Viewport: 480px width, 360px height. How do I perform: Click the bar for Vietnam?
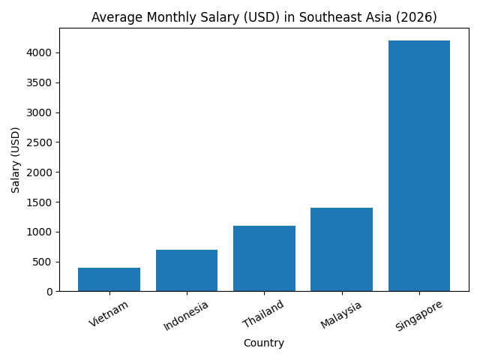[109, 280]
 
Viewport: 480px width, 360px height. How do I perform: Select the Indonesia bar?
[187, 271]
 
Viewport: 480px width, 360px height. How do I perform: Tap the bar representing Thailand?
[264, 259]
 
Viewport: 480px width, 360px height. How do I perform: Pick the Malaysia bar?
[341, 250]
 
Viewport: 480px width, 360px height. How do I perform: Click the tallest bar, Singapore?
[419, 166]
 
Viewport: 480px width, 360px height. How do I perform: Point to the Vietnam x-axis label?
[109, 313]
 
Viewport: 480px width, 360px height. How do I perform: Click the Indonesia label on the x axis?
[186, 316]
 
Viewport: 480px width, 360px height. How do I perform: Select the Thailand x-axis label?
[264, 313]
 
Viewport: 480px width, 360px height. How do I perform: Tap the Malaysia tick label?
[341, 314]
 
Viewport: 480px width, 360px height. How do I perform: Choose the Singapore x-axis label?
[418, 316]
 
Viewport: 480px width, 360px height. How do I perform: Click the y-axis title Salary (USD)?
[16, 160]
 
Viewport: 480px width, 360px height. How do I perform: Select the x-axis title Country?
[264, 343]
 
